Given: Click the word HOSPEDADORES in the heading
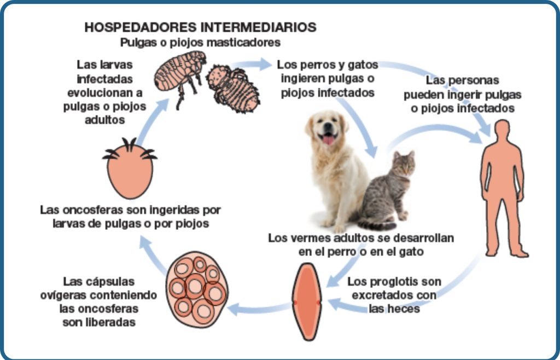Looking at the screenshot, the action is click(141, 27).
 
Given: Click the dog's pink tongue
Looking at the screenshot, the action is click(328, 140).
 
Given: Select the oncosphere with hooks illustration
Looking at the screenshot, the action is click(130, 168).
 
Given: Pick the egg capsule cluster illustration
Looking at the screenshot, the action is click(197, 289).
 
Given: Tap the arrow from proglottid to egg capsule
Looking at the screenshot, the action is click(260, 309).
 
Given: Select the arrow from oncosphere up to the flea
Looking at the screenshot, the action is click(152, 121).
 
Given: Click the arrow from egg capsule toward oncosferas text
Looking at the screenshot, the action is click(153, 254).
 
